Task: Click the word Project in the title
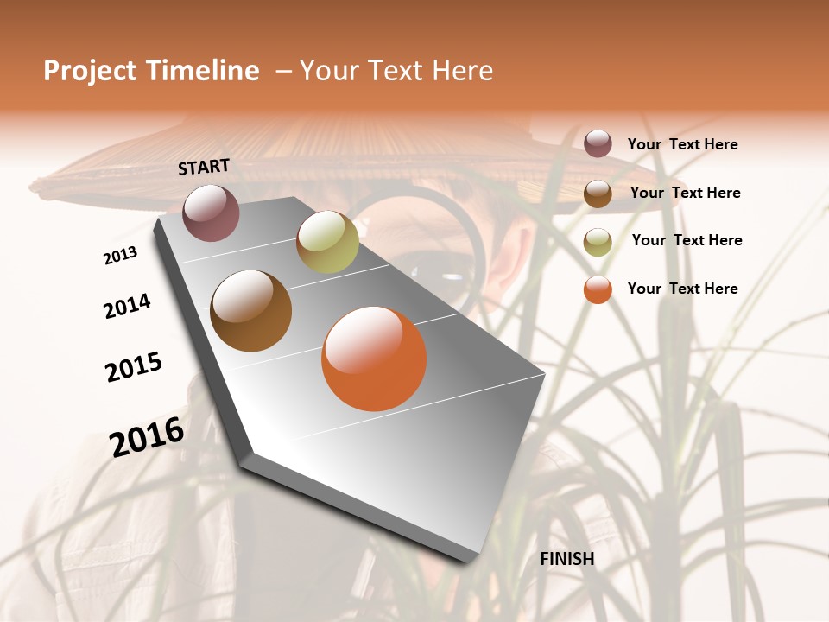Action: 85,71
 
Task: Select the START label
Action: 204,167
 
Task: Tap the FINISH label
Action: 567,559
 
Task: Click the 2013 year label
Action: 120,255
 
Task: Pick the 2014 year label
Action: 127,306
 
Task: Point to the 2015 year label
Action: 134,367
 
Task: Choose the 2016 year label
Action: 147,437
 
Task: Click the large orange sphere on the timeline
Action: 374,359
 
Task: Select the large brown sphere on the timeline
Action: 250,311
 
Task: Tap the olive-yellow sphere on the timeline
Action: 327,242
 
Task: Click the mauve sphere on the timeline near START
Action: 211,213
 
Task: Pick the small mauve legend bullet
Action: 598,143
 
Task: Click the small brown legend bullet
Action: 598,194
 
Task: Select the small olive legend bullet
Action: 598,242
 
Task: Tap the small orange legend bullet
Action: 598,289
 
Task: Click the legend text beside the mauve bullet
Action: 682,145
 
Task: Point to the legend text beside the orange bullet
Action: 682,289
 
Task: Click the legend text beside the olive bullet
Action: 687,240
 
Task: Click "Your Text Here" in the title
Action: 396,71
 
